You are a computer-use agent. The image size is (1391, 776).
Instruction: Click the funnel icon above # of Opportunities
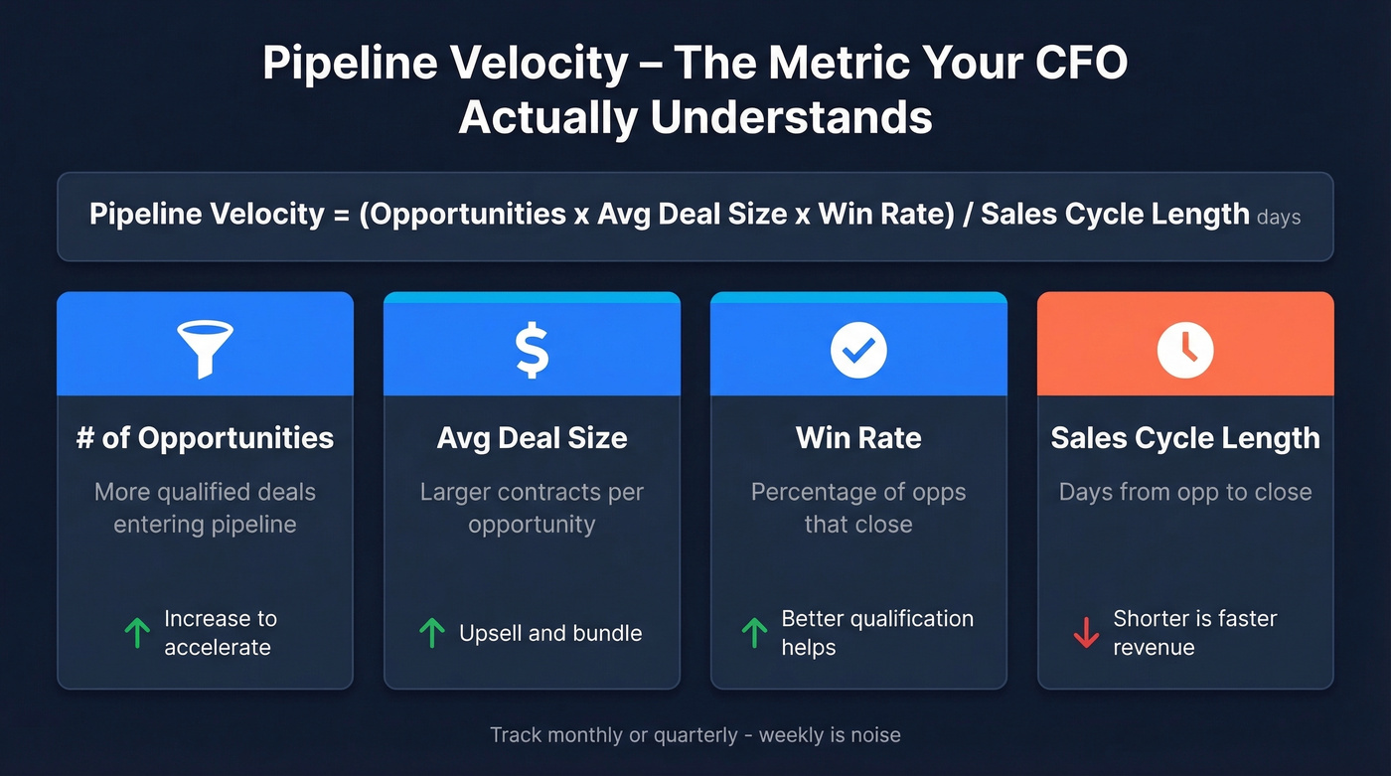pyautogui.click(x=205, y=348)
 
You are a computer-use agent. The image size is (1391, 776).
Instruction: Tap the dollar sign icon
pyautogui.click(x=532, y=350)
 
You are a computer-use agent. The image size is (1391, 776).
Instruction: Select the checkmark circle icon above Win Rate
pyautogui.click(x=858, y=350)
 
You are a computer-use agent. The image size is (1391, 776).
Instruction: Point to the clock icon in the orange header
pyautogui.click(x=1185, y=350)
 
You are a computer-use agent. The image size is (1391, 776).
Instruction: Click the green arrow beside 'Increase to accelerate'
pyautogui.click(x=136, y=633)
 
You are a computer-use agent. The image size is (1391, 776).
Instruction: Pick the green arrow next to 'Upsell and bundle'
pyautogui.click(x=431, y=633)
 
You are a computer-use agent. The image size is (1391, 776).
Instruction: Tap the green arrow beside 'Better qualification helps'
pyautogui.click(x=755, y=633)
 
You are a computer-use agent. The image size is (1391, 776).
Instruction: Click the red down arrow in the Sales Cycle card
pyautogui.click(x=1086, y=633)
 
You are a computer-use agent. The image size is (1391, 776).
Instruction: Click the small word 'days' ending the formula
pyautogui.click(x=1279, y=217)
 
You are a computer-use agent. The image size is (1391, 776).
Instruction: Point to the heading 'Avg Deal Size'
pyautogui.click(x=532, y=438)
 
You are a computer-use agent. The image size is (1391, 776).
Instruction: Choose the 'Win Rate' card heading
pyautogui.click(x=858, y=438)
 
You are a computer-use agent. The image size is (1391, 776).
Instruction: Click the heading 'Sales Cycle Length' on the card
pyautogui.click(x=1185, y=438)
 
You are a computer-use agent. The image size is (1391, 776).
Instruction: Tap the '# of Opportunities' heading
pyautogui.click(x=205, y=438)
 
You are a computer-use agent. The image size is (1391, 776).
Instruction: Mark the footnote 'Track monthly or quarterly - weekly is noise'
pyautogui.click(x=695, y=735)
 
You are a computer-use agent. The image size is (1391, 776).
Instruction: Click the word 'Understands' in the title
pyautogui.click(x=792, y=117)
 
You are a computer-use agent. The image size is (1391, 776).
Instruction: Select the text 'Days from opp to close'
pyautogui.click(x=1185, y=492)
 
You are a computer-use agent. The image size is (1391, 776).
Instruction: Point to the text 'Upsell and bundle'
pyautogui.click(x=550, y=633)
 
